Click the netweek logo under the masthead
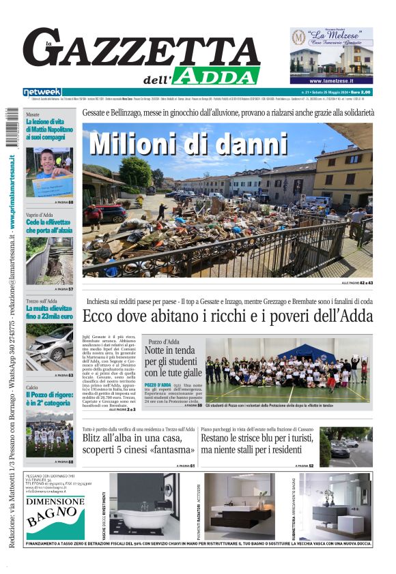click(x=42, y=92)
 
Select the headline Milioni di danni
click(x=188, y=144)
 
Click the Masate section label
click(x=33, y=115)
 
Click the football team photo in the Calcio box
click(x=49, y=434)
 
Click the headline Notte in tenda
click(x=173, y=361)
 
